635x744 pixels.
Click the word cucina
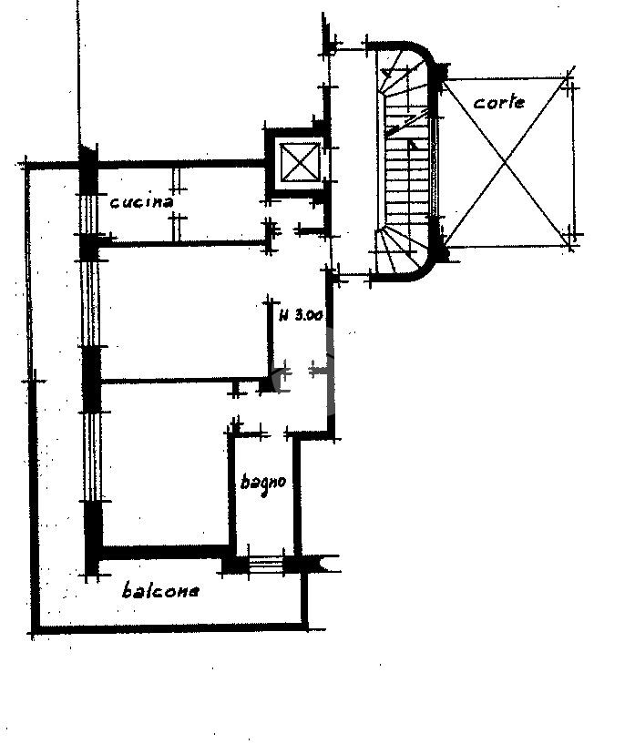coord(141,202)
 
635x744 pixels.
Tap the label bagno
coord(264,482)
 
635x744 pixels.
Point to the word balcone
coord(160,591)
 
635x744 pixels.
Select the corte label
coord(499,102)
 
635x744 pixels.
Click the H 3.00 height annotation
coord(300,317)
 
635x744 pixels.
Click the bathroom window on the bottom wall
coord(266,565)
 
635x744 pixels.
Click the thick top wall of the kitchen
coord(182,165)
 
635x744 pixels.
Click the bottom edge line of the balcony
coord(169,628)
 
